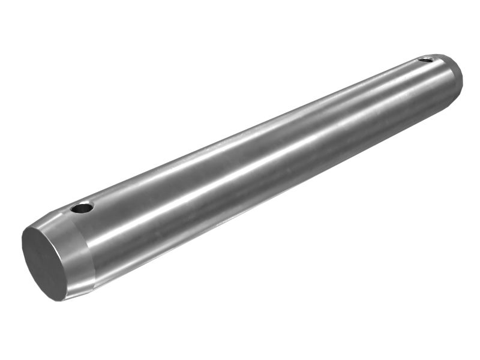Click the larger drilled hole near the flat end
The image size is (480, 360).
(x=82, y=208)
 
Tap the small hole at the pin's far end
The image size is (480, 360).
(x=425, y=59)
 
